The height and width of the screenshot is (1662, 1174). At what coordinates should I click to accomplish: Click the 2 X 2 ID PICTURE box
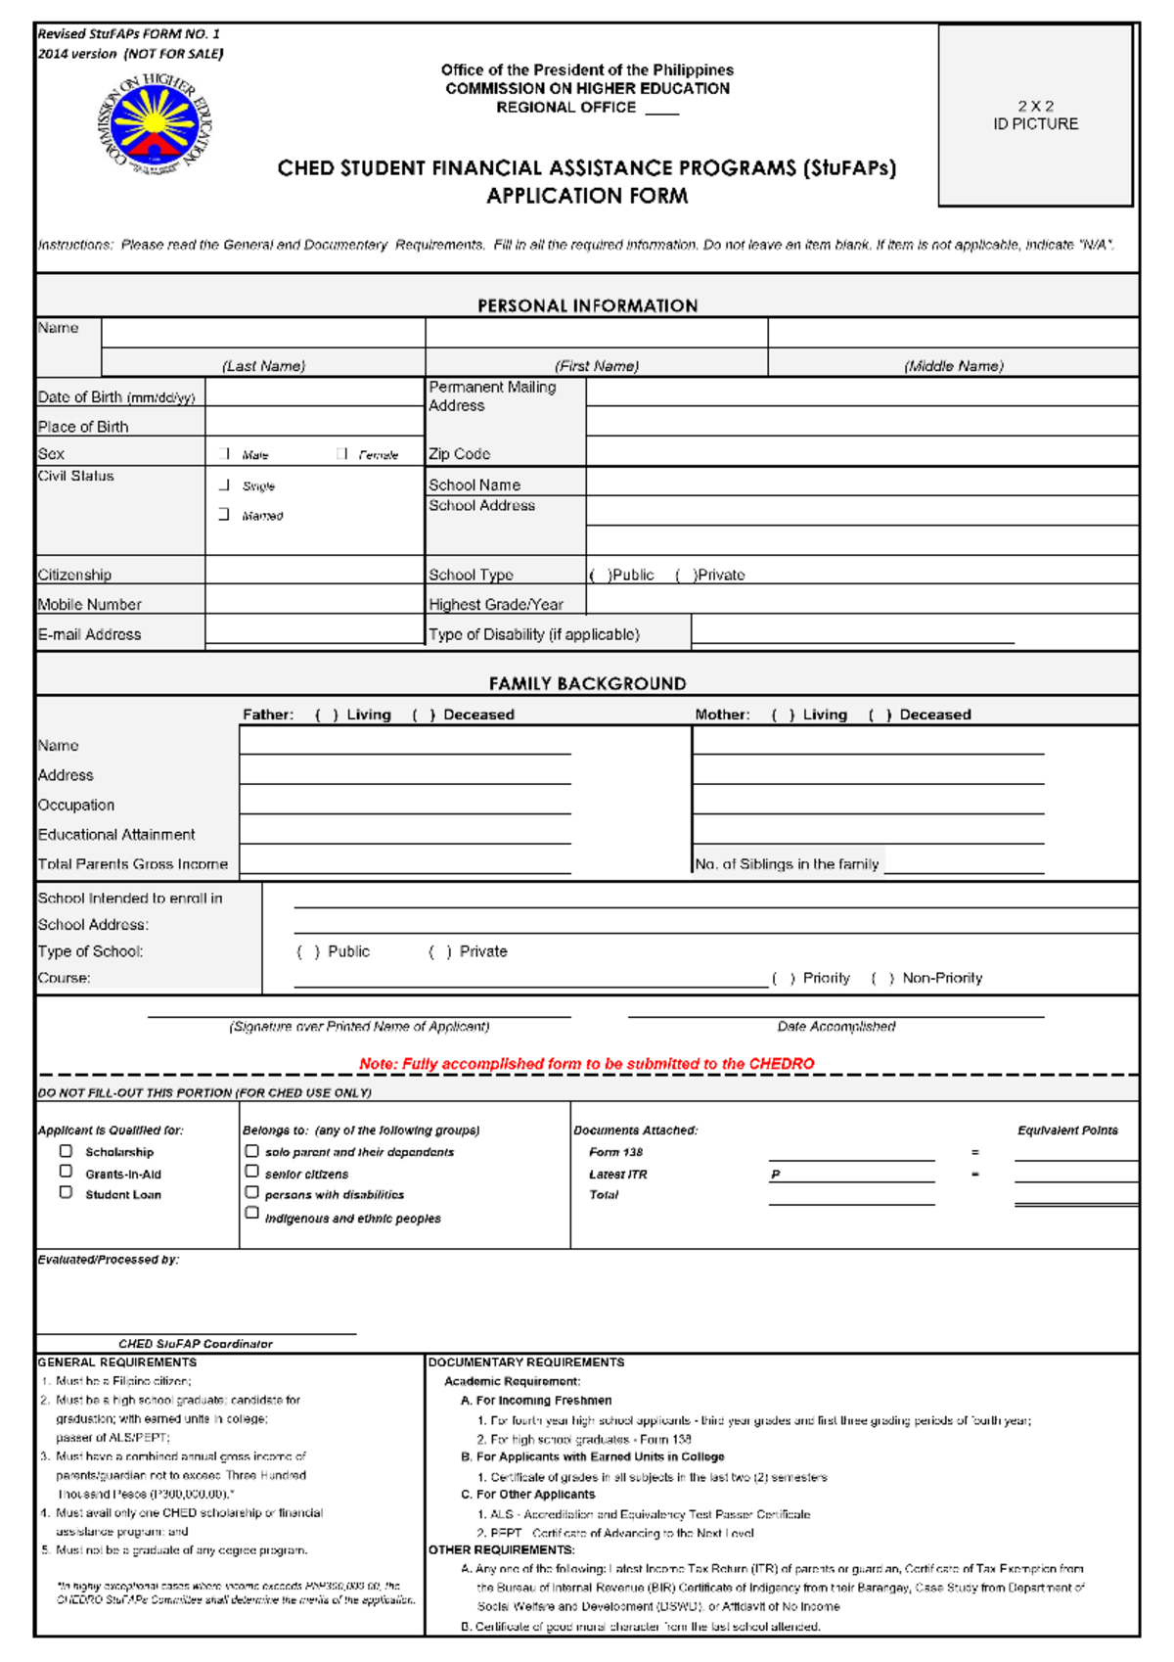pos(1035,115)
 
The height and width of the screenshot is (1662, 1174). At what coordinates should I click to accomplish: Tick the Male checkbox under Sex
pos(226,454)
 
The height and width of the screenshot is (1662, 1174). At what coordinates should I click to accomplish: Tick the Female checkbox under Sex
pos(341,454)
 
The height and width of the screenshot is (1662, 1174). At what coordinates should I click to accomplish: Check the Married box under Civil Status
pos(224,514)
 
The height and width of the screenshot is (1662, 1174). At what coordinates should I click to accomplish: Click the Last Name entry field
pos(263,334)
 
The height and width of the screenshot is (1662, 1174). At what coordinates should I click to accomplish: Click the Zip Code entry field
pos(861,451)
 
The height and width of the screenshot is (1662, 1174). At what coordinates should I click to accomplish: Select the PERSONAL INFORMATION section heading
pos(587,305)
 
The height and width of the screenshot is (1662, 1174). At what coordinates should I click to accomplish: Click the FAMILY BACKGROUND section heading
pos(587,683)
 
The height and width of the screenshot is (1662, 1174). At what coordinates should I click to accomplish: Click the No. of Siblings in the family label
pos(787,864)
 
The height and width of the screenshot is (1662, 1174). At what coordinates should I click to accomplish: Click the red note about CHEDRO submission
pos(586,1064)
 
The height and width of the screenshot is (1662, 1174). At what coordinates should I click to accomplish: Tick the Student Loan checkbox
pos(66,1193)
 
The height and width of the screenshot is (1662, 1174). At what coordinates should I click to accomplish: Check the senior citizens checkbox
pos(251,1172)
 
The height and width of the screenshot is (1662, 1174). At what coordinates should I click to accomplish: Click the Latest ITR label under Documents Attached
pos(617,1174)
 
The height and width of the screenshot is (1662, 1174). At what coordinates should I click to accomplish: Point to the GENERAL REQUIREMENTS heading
pos(116,1362)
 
